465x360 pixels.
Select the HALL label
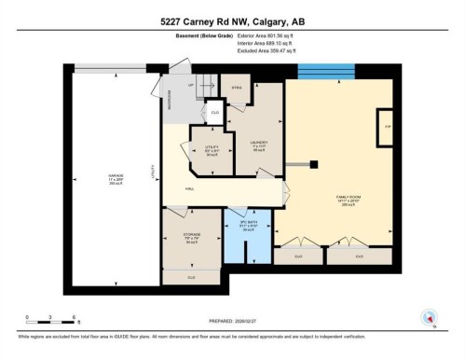189,189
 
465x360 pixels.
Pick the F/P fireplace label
386,124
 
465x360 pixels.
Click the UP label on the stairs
191,84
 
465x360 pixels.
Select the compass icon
430,317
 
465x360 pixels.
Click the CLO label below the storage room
191,277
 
